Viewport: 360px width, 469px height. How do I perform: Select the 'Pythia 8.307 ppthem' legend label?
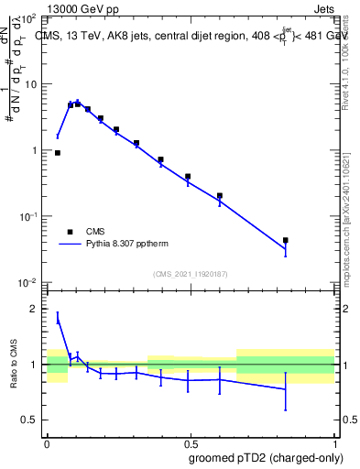click(x=128, y=245)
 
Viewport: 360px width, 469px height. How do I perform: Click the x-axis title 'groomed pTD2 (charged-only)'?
click(x=266, y=457)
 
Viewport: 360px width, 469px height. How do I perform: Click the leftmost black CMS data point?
click(x=58, y=153)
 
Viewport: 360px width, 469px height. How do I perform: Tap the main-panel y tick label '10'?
click(x=29, y=84)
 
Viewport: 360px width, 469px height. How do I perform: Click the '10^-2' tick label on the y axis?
click(x=27, y=282)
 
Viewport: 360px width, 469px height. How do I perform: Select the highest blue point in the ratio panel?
click(x=58, y=318)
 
